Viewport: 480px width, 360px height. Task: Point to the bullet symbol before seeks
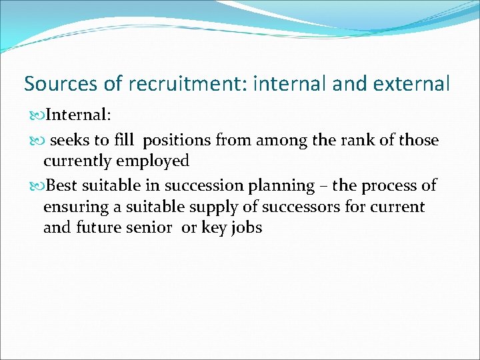(x=39, y=141)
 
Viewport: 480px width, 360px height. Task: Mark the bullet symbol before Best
(x=39, y=185)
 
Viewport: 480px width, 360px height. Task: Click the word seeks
(x=72, y=141)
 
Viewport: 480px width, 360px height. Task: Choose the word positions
(x=177, y=141)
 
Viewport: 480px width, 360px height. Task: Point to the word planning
(x=283, y=186)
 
